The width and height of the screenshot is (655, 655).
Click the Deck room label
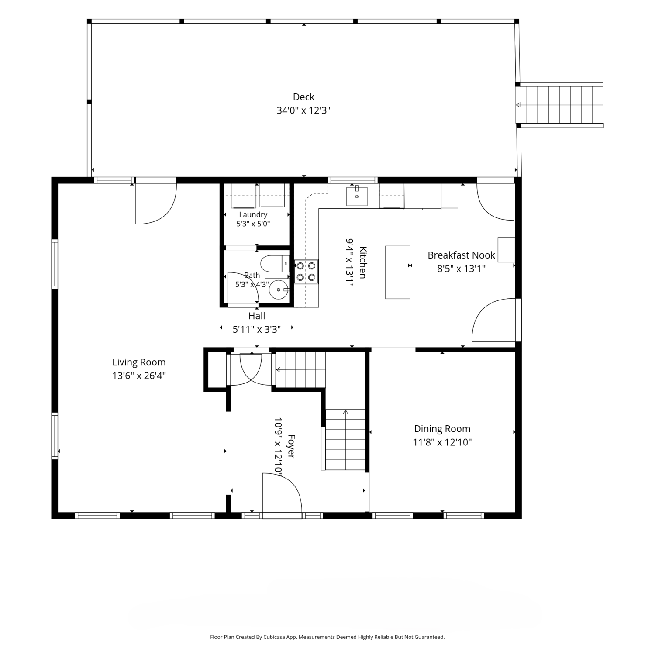point(303,97)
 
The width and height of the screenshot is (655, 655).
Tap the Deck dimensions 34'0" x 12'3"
point(303,110)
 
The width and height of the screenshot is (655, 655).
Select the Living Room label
point(139,362)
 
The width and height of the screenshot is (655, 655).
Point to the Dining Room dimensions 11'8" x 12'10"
point(442,442)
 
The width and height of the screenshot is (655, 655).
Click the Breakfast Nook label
point(461,255)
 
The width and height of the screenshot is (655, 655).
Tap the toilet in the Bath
point(275,264)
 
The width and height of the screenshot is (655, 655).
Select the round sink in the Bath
point(279,289)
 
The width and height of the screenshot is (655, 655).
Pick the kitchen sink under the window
point(357,196)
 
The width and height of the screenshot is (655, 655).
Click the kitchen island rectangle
point(398,272)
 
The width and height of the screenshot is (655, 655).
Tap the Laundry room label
point(253,214)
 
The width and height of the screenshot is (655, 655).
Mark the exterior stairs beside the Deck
point(560,105)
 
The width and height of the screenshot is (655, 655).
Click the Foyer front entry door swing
point(282,493)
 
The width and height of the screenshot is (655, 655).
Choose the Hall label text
point(257,316)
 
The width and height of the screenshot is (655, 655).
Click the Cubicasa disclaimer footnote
point(327,637)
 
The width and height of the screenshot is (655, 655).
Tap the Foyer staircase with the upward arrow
point(345,440)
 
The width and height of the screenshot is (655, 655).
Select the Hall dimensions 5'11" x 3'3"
point(257,329)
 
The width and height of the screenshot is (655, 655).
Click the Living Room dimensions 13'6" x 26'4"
point(139,376)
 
